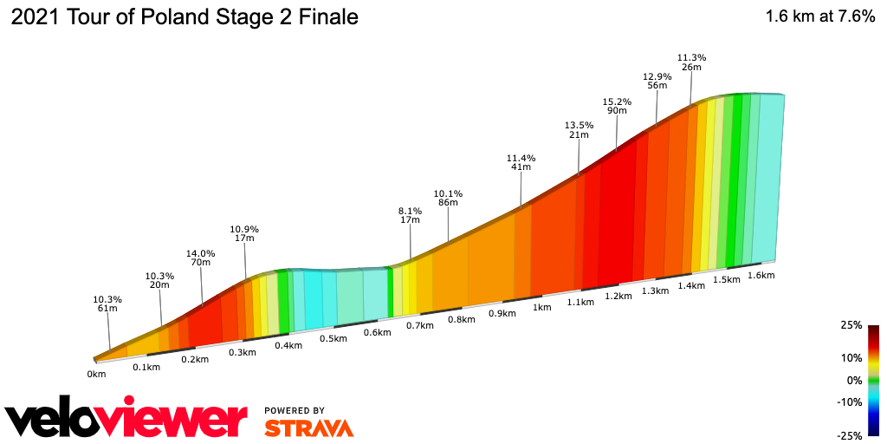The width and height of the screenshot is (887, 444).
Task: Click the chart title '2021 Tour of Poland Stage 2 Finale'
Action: click(184, 17)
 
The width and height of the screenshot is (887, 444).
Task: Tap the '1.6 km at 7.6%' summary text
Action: click(819, 17)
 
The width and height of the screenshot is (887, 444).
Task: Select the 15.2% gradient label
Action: click(618, 101)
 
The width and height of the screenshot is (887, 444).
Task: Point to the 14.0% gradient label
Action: click(200, 254)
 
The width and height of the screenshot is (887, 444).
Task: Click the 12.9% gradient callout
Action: click(657, 76)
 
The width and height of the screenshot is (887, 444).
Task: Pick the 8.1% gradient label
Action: click(410, 211)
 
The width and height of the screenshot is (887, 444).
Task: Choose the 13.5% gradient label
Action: click(579, 125)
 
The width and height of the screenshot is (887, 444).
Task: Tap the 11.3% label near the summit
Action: click(691, 58)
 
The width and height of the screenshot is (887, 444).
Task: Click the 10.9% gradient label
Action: click(244, 230)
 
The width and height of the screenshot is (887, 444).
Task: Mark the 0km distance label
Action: click(96, 374)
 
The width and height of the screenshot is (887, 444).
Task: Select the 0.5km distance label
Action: click(333, 338)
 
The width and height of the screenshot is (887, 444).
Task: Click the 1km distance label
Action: click(542, 307)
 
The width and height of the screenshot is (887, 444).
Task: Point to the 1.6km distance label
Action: click(761, 275)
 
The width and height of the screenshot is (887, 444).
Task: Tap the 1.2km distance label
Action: click(618, 296)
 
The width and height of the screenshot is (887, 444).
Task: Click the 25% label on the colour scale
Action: click(851, 325)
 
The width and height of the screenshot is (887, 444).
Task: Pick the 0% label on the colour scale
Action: click(854, 380)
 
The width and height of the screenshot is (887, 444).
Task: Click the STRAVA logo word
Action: click(308, 428)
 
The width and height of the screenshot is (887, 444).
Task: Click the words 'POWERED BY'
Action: click(295, 410)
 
